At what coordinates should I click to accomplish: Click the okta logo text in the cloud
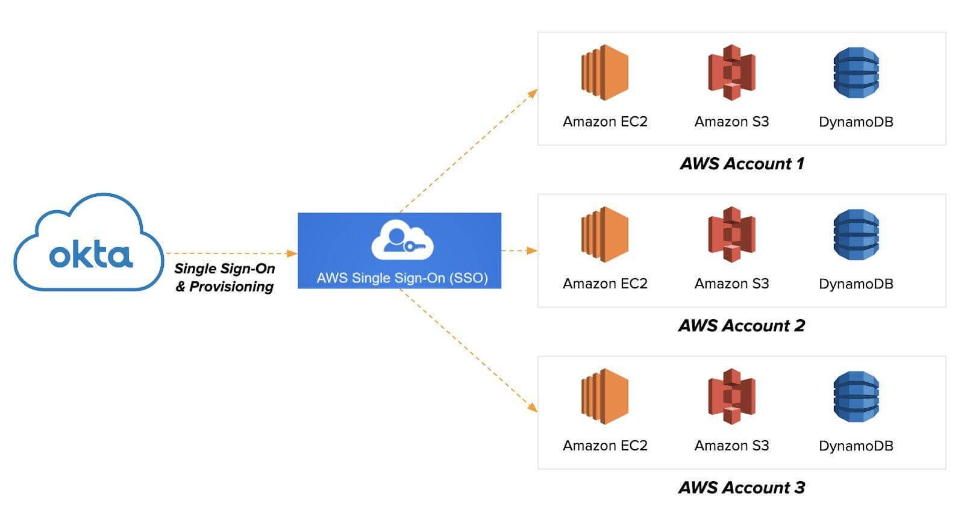(x=90, y=255)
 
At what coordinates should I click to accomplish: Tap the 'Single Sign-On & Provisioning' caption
(x=225, y=278)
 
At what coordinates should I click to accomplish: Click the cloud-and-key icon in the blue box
(x=402, y=241)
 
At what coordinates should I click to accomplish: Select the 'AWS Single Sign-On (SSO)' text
(x=402, y=278)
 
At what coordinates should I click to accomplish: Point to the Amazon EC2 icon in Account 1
(x=604, y=72)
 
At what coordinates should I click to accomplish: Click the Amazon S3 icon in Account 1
(x=731, y=72)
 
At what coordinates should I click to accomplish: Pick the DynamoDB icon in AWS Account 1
(x=856, y=73)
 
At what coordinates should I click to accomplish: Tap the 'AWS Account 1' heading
(x=742, y=164)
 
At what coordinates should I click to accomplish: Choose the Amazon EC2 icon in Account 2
(x=604, y=234)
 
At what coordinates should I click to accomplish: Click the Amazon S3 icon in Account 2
(x=731, y=234)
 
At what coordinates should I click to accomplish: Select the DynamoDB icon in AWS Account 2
(x=856, y=235)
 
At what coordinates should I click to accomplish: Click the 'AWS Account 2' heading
(x=742, y=326)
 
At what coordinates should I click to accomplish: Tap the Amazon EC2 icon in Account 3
(x=604, y=396)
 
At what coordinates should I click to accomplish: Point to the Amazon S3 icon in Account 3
(x=731, y=396)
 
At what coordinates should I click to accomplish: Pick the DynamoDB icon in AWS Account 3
(x=856, y=397)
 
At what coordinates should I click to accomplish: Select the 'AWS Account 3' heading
(x=742, y=488)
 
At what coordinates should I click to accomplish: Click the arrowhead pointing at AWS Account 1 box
(x=533, y=93)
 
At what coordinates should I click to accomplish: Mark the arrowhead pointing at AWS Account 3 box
(x=533, y=408)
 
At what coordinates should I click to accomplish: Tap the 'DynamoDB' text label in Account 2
(x=856, y=284)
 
